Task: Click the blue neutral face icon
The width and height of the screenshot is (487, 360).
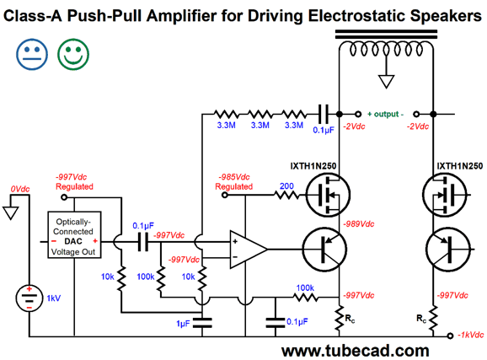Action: (32, 54)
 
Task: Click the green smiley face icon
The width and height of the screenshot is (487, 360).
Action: (73, 54)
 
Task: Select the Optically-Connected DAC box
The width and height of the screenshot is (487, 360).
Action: (74, 235)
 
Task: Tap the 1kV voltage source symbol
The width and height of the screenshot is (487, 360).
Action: (29, 298)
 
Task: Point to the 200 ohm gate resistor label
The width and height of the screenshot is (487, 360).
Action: (286, 186)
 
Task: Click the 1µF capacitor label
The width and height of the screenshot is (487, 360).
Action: (183, 324)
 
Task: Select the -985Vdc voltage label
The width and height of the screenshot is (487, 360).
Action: (234, 177)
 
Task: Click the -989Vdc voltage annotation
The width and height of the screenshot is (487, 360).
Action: (358, 223)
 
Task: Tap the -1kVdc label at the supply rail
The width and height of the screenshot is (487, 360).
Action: (470, 335)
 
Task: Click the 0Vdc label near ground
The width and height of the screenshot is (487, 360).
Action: (20, 189)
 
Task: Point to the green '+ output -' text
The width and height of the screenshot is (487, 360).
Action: (385, 114)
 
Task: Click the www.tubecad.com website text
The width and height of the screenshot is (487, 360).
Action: (356, 351)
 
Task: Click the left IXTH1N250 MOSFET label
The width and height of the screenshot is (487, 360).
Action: (313, 166)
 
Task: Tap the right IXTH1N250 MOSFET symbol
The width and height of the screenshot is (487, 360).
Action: (445, 195)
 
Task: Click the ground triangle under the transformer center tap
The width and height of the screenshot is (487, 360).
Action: (387, 82)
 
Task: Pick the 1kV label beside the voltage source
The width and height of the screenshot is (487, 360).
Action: (53, 298)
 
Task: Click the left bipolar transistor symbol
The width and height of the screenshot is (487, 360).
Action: (324, 250)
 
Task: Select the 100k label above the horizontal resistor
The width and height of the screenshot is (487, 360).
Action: (305, 287)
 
